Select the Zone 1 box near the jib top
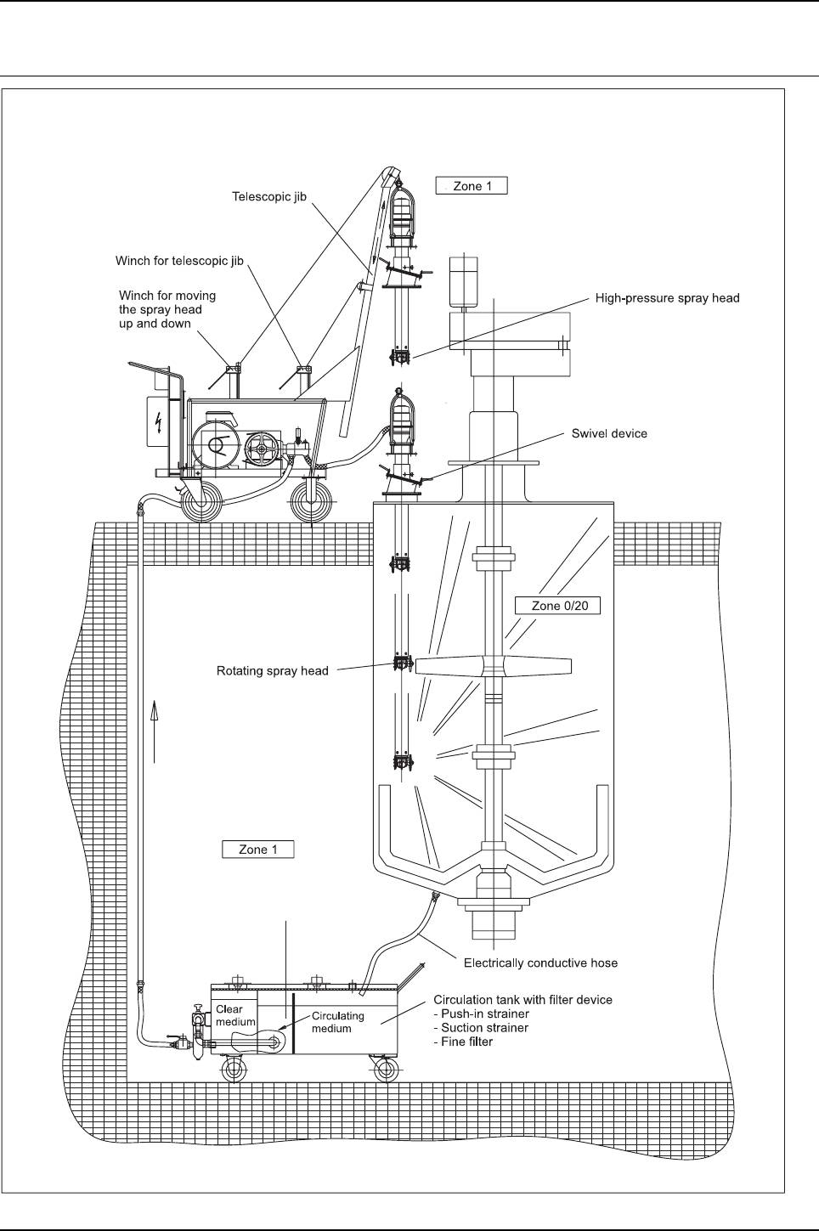[472, 186]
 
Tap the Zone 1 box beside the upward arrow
[257, 849]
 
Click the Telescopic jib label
[269, 196]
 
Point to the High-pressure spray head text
[667, 298]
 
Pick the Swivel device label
[608, 433]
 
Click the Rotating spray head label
[272, 671]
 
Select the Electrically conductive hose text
[540, 963]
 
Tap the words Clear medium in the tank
[234, 1015]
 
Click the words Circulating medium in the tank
[337, 1022]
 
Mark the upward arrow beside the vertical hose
[155, 731]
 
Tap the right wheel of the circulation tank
[385, 1070]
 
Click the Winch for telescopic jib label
[179, 261]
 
